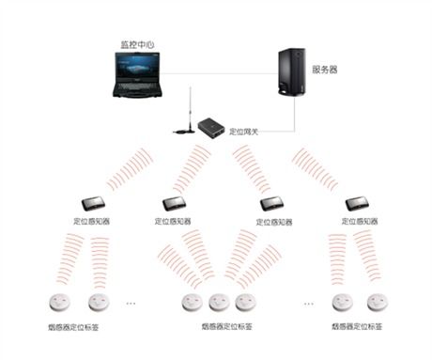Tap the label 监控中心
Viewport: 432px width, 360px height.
pyautogui.click(x=137, y=44)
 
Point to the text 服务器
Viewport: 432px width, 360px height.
pyautogui.click(x=325, y=69)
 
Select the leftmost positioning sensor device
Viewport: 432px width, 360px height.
pyautogui.click(x=92, y=203)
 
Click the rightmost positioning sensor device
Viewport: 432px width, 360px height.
pyautogui.click(x=359, y=202)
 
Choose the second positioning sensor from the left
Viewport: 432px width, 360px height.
pyautogui.click(x=175, y=203)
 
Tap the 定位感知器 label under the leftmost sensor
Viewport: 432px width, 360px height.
pyautogui.click(x=92, y=223)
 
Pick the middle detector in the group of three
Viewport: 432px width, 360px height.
pyautogui.click(x=219, y=303)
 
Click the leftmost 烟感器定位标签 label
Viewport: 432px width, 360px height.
pyautogui.click(x=74, y=326)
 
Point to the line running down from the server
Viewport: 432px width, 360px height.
pyautogui.click(x=298, y=111)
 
